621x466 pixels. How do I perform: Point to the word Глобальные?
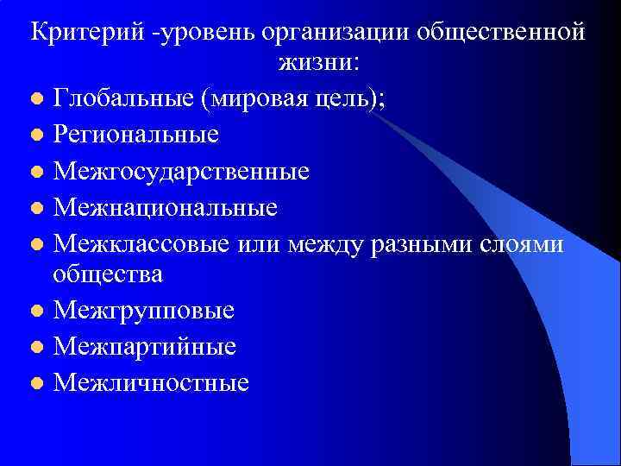pyautogui.click(x=123, y=98)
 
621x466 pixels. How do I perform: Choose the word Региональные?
pyautogui.click(x=136, y=135)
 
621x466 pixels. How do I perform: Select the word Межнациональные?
pyautogui.click(x=166, y=207)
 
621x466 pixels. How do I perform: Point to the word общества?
pyautogui.click(x=108, y=274)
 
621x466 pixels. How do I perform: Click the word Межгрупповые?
pyautogui.click(x=144, y=311)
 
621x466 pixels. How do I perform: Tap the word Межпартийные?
pyautogui.click(x=145, y=347)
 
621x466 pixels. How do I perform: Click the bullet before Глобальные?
pyautogui.click(x=34, y=99)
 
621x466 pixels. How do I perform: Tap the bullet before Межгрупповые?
pyautogui.click(x=34, y=312)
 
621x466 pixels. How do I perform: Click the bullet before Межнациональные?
pyautogui.click(x=34, y=208)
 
